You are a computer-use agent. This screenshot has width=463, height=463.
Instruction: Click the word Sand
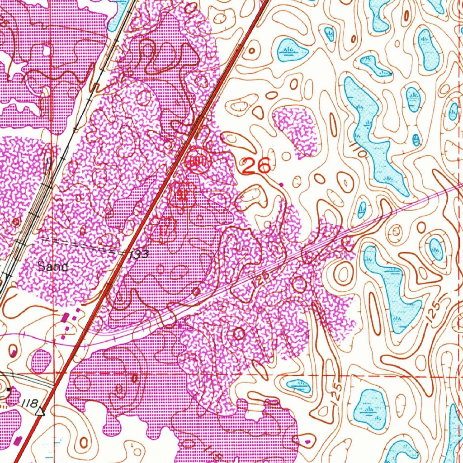[53, 266]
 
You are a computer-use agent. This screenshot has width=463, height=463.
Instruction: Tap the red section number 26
[256, 166]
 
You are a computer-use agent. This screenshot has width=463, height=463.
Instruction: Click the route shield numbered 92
[183, 195]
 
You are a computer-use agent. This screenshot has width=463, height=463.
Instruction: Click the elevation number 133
[138, 255]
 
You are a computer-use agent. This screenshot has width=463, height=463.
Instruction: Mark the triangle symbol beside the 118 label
[42, 411]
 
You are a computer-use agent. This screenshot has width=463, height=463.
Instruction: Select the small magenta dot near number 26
[282, 184]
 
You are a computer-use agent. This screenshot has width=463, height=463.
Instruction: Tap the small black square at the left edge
[9, 389]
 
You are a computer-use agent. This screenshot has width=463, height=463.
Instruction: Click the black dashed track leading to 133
[86, 246]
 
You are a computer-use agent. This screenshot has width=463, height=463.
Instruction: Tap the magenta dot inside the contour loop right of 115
[308, 440]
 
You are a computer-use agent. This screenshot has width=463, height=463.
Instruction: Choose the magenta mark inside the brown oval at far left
[14, 351]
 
